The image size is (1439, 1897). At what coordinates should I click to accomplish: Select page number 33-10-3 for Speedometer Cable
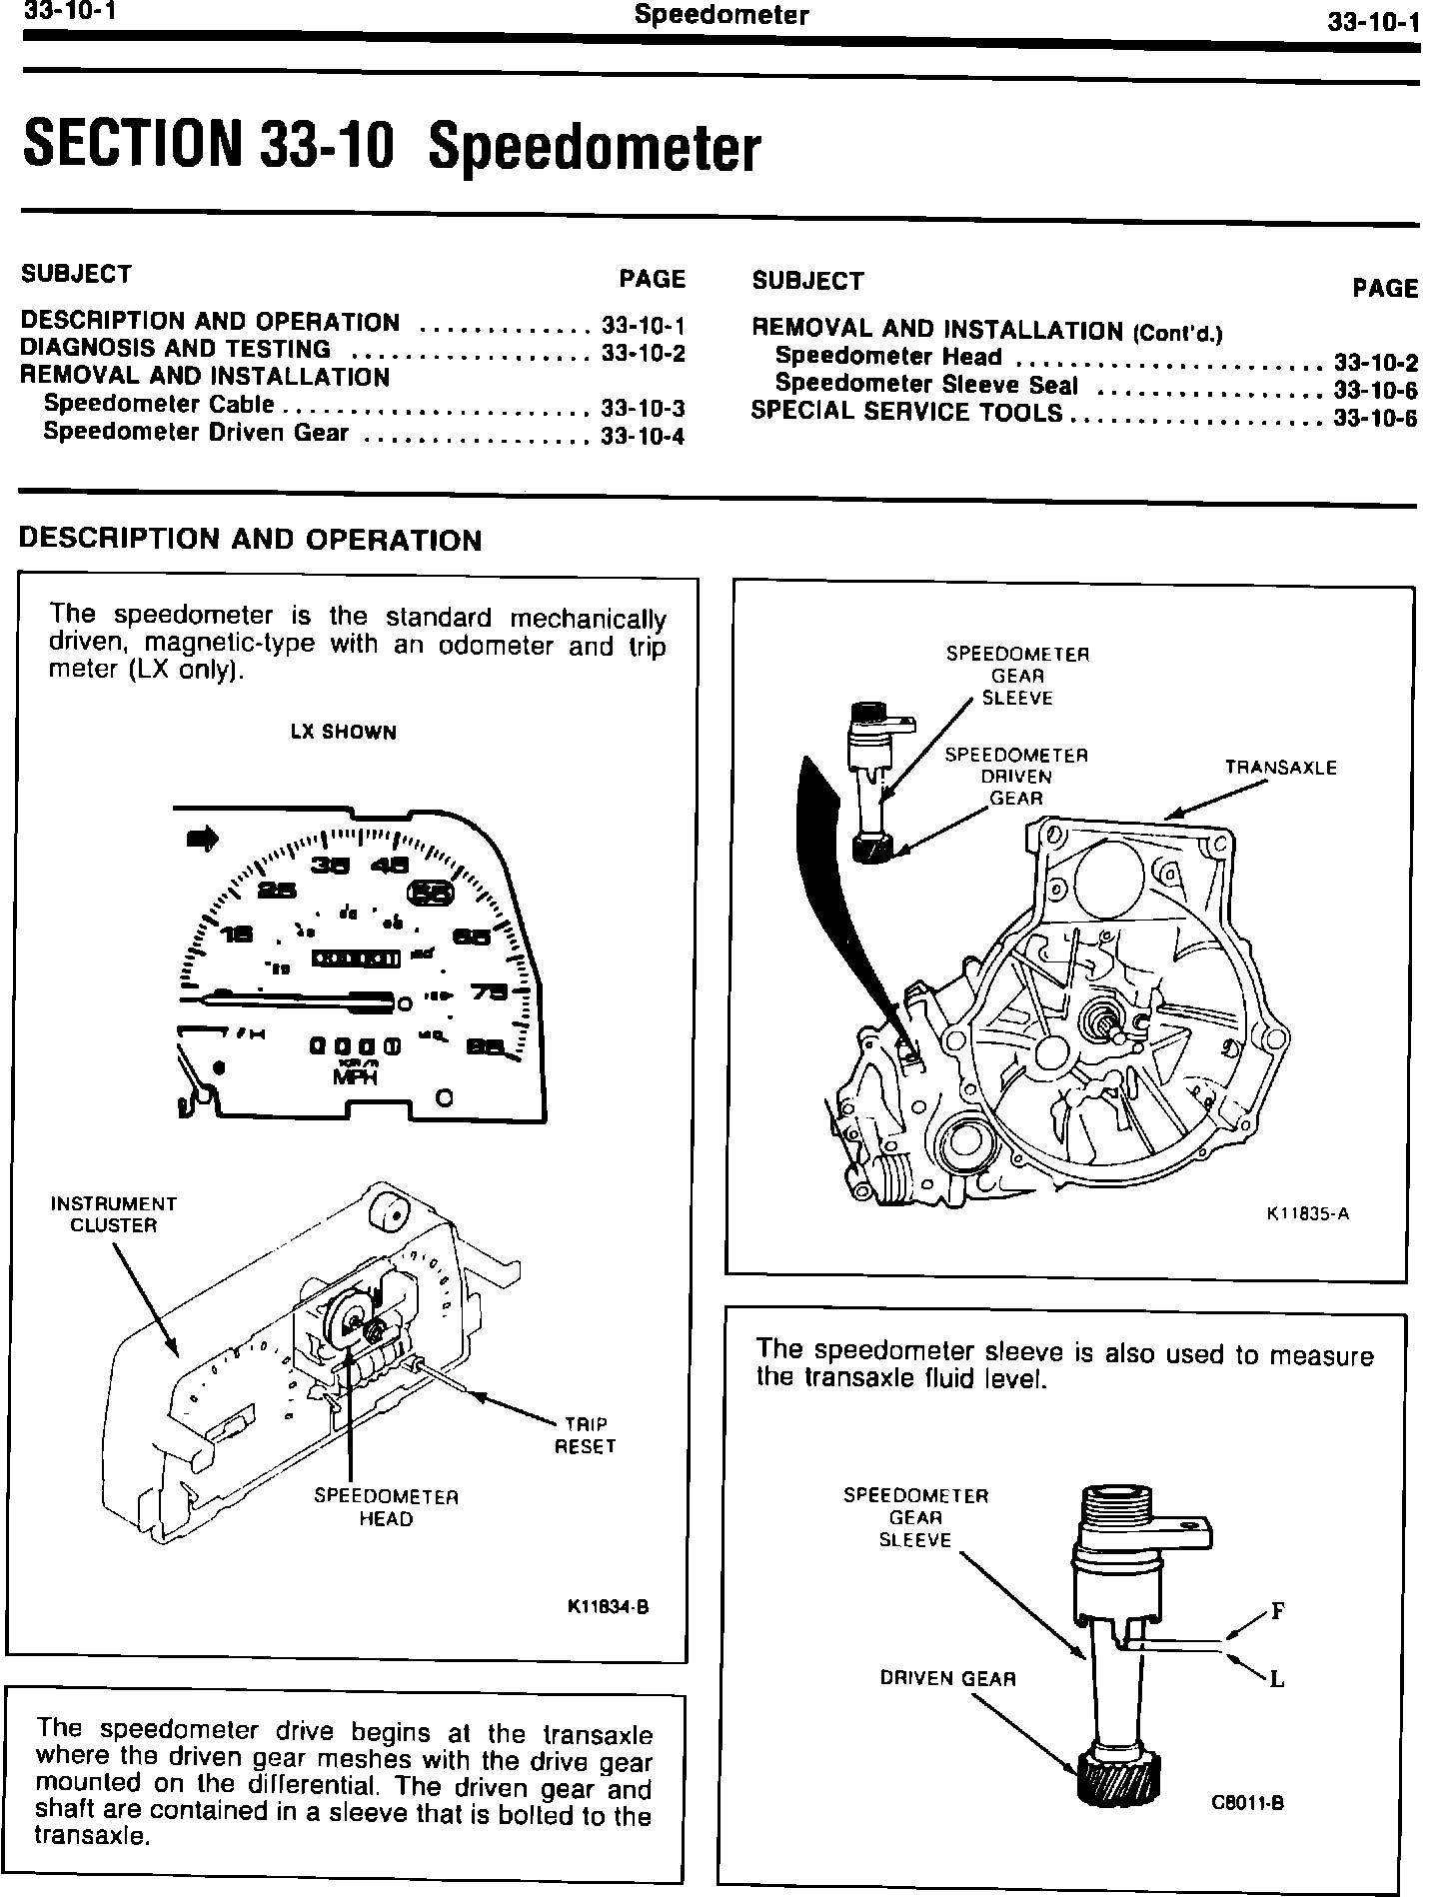pos(643,408)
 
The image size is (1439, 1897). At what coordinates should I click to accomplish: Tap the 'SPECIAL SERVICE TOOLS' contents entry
pos(906,412)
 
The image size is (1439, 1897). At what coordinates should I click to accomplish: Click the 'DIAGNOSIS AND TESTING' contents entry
pos(176,349)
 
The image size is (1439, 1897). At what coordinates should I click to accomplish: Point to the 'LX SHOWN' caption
pos(343,733)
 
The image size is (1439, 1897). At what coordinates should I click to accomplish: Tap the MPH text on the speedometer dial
pos(355,1078)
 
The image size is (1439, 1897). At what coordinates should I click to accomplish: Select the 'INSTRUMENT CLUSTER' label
pos(113,1214)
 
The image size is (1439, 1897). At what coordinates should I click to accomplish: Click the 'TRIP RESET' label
pos(585,1435)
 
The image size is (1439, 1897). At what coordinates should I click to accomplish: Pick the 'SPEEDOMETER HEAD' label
pos(386,1507)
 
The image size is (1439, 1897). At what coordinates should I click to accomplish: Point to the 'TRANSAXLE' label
pos(1280,768)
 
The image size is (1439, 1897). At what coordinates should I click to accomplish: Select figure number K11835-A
pos(1307,1214)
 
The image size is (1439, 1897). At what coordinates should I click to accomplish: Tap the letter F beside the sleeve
pos(1277,1611)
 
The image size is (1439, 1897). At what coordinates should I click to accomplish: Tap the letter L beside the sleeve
pos(1276,1679)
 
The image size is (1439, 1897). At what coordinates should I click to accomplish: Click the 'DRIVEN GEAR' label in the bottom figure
pos(947,1678)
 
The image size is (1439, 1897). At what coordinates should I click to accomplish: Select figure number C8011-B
pos(1246,1802)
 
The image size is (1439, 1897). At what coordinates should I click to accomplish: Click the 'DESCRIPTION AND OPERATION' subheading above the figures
pos(251,540)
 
